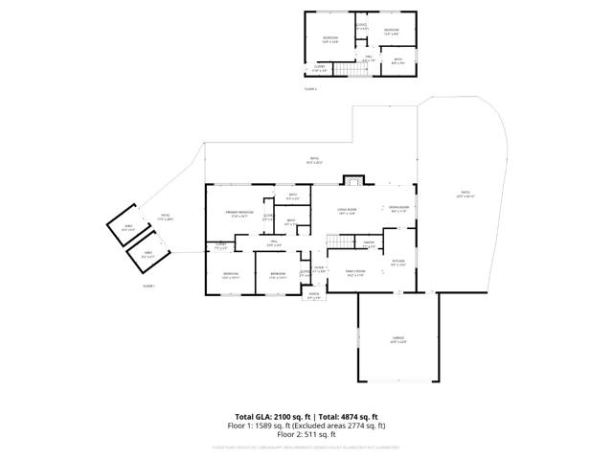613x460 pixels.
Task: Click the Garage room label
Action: (x=397, y=338)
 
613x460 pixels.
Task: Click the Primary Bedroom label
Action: (x=238, y=214)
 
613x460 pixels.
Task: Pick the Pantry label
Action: (x=369, y=243)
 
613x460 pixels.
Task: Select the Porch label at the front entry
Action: (x=314, y=295)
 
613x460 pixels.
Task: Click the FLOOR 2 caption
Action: (x=309, y=88)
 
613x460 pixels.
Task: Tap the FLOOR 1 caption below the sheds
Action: (x=148, y=286)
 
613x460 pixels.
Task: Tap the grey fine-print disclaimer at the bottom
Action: (x=306, y=446)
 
